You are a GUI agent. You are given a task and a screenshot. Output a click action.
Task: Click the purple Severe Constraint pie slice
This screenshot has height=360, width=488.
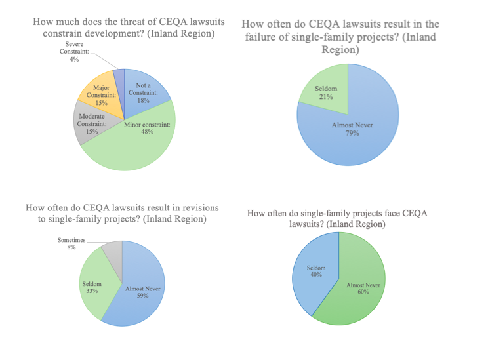[x=119, y=78]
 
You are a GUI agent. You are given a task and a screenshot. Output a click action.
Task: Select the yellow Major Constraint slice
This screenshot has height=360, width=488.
[x=99, y=96]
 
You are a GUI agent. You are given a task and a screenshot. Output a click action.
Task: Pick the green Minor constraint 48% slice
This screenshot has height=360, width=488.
[x=138, y=148]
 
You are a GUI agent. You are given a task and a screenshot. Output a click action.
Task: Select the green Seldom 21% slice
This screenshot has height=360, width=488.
[x=324, y=92]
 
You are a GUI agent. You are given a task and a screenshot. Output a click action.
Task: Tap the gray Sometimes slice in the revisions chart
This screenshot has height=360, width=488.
[x=112, y=251]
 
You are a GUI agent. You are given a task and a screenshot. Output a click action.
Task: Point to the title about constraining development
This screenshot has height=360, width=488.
[x=124, y=27]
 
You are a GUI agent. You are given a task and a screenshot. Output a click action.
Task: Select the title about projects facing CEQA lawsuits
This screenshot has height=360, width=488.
[x=336, y=218]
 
